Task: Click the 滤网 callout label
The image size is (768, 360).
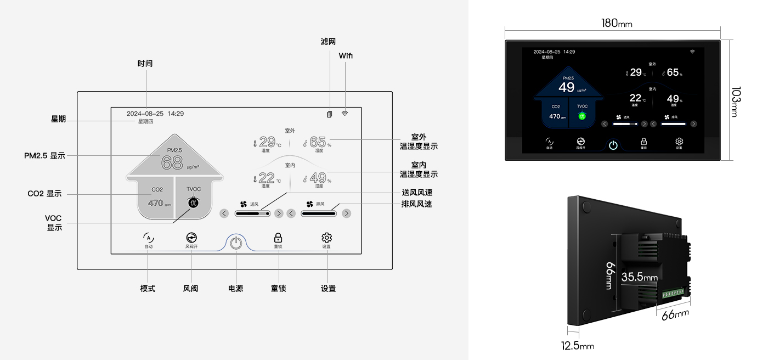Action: (x=328, y=42)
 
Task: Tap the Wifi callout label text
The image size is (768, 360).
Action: (x=346, y=56)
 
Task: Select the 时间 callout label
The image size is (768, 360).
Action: (x=145, y=64)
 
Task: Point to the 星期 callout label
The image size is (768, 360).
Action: (x=58, y=119)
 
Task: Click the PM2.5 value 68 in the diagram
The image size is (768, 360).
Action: (x=172, y=163)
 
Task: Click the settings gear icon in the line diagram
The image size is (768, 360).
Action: (x=326, y=238)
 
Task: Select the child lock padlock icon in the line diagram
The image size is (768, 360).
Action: (x=278, y=238)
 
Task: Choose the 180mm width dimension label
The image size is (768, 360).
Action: (x=617, y=23)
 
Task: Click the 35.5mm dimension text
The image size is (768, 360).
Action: (x=639, y=278)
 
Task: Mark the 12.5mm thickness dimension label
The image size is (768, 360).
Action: (x=577, y=346)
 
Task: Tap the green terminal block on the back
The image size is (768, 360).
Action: (x=674, y=294)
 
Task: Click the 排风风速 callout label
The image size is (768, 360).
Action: (x=416, y=204)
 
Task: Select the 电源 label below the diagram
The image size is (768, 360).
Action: (x=235, y=289)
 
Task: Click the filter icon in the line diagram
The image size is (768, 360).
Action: (x=329, y=114)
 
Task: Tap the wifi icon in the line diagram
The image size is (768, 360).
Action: (x=345, y=114)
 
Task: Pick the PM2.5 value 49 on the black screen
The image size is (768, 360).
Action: (x=567, y=87)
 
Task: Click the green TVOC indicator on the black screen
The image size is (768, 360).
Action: (x=583, y=116)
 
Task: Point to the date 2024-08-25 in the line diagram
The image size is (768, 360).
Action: (x=145, y=114)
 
